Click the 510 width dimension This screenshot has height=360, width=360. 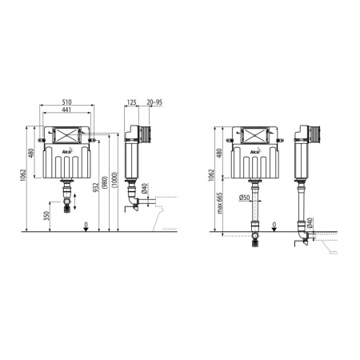click(x=66, y=102)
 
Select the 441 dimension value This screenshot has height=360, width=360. click(x=66, y=110)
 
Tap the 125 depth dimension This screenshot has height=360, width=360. click(x=132, y=102)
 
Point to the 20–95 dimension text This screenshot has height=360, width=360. click(x=154, y=102)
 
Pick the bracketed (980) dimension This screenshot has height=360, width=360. click(x=105, y=182)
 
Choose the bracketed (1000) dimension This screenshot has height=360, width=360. click(x=114, y=180)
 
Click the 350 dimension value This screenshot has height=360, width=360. click(x=46, y=216)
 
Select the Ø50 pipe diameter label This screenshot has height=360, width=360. click(x=244, y=198)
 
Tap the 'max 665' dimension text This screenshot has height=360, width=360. click(x=219, y=203)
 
